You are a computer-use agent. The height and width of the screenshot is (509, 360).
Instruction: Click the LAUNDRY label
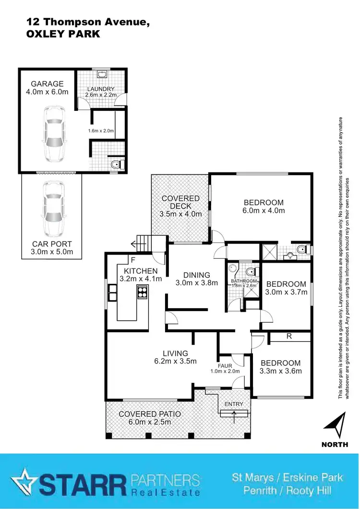(x=101, y=89)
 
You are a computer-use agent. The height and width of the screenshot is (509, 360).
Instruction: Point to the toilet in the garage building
(x=115, y=165)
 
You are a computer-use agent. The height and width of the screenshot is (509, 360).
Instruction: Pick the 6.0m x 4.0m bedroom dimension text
(x=264, y=210)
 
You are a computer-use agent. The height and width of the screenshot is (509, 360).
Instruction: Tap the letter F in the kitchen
(x=132, y=261)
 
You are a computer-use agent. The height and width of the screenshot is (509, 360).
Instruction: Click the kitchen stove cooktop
(x=142, y=292)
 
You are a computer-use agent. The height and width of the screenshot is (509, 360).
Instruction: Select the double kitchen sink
(x=113, y=292)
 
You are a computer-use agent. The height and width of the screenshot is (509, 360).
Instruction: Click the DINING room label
(x=197, y=275)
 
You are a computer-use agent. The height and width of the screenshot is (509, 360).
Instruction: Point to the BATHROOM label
(x=244, y=281)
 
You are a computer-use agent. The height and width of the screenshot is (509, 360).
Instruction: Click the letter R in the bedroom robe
(x=289, y=337)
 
